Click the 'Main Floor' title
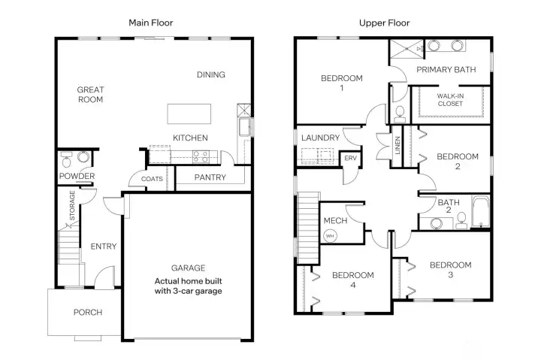[x=150, y=23]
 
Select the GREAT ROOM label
[x=90, y=95]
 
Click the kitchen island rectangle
[x=186, y=114]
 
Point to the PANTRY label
[x=210, y=177]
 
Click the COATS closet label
[x=153, y=179]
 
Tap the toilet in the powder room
[x=67, y=159]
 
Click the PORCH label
[x=87, y=313]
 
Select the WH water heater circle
[x=330, y=235]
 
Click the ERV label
[x=350, y=159]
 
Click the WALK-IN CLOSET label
[x=451, y=100]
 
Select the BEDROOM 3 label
[x=450, y=270]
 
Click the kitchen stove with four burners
[x=201, y=156]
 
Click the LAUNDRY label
[x=320, y=138]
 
